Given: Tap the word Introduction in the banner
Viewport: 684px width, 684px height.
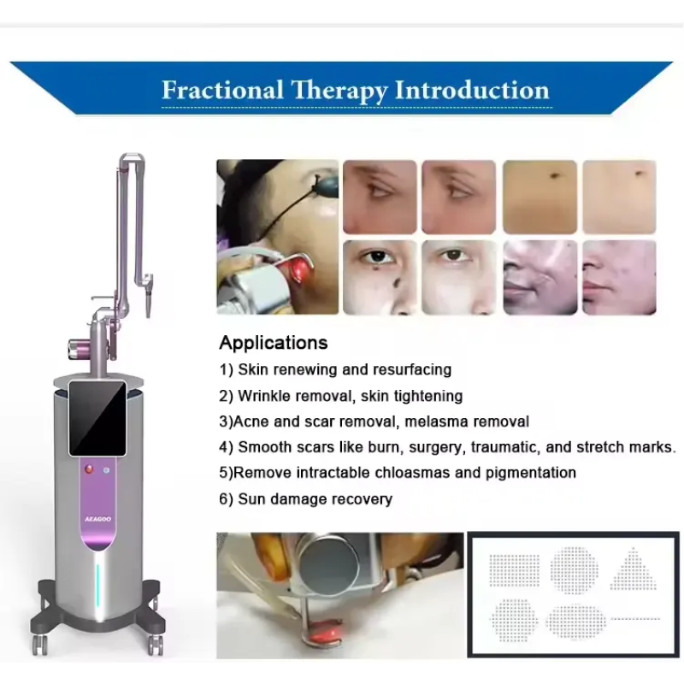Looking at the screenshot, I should [467, 90].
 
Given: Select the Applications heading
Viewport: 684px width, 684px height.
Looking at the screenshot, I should [273, 343].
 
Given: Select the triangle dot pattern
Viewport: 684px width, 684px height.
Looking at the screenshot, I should [634, 569].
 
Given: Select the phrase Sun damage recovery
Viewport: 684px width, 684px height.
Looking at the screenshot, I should [315, 498].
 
